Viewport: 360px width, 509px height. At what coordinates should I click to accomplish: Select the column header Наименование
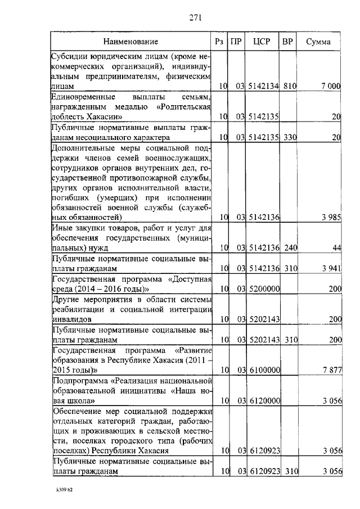(130, 42)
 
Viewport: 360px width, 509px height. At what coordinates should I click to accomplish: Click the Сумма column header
(318, 42)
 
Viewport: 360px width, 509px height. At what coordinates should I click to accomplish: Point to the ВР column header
(287, 42)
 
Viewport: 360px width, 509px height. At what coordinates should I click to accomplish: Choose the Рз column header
(220, 42)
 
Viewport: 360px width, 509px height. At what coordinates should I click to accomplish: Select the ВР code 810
(290, 86)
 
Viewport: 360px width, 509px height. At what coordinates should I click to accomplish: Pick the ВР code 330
(290, 137)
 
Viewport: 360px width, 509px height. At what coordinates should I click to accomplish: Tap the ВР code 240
(290, 247)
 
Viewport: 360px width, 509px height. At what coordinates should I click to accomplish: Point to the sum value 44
(336, 247)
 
